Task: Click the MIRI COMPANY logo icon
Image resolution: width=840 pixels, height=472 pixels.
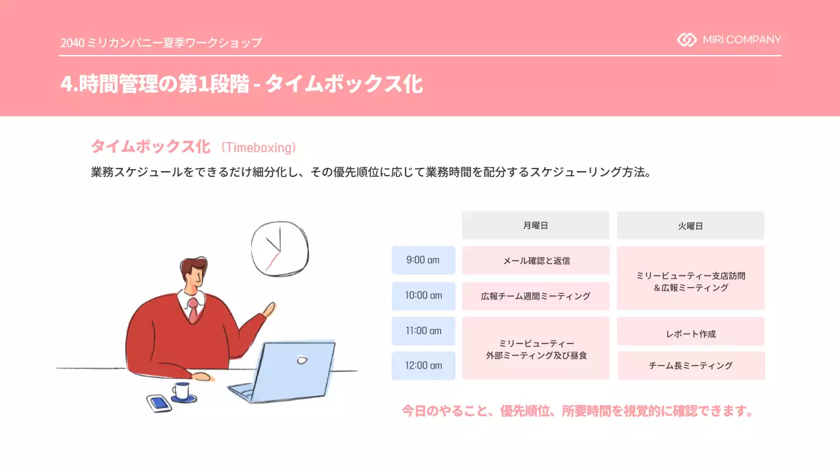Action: (686, 40)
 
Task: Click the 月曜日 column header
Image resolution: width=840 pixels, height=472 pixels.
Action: (535, 226)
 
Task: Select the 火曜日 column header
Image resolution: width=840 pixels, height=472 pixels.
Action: (690, 226)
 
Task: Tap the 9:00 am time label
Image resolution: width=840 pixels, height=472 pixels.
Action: (423, 260)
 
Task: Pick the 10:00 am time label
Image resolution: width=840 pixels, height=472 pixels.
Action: (423, 296)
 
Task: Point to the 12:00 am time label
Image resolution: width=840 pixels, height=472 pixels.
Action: (423, 366)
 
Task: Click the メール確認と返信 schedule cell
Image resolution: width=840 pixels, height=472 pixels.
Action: (535, 260)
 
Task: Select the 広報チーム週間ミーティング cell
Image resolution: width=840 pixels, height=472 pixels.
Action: (535, 296)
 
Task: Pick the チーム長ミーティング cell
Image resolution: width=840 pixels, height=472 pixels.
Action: (690, 366)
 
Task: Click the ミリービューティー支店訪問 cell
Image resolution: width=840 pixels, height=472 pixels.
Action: (690, 278)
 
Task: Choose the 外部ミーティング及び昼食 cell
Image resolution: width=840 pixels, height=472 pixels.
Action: (535, 349)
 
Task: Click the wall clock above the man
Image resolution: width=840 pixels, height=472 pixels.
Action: (280, 248)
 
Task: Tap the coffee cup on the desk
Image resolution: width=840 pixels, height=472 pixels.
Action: (182, 391)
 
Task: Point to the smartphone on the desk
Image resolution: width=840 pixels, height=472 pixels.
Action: (159, 403)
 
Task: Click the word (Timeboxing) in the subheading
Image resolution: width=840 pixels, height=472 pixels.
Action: (259, 147)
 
